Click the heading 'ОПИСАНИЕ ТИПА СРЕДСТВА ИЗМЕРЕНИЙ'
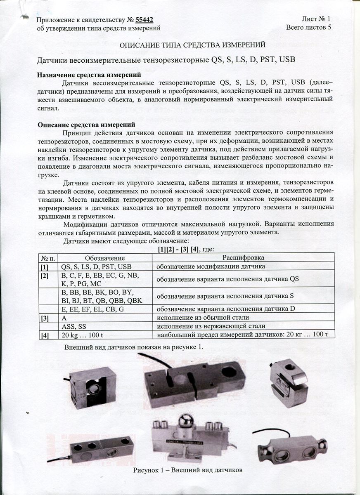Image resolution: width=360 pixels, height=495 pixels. [x=192, y=45]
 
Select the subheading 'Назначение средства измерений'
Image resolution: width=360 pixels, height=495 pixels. [x=89, y=75]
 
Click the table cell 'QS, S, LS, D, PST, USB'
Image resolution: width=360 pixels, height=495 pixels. [x=96, y=266]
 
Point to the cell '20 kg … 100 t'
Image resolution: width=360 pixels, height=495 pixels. [x=81, y=335]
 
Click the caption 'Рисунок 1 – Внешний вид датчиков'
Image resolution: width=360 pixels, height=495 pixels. [x=187, y=470]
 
